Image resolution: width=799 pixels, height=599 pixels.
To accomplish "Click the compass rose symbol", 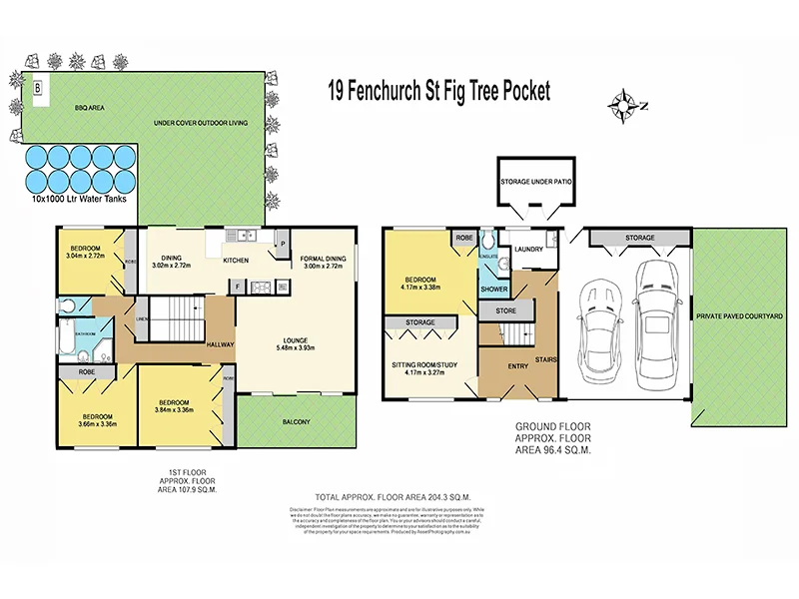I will (x=626, y=102).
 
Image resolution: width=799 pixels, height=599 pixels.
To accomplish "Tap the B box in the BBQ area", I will (x=38, y=88).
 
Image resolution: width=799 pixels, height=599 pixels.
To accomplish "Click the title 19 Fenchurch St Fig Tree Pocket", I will (x=439, y=91).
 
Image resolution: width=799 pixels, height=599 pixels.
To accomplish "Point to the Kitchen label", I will (x=237, y=261).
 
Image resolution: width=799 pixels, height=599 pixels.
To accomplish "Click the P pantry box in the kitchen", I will (x=283, y=243).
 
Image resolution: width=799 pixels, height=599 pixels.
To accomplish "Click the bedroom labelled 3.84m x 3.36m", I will (x=175, y=406).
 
